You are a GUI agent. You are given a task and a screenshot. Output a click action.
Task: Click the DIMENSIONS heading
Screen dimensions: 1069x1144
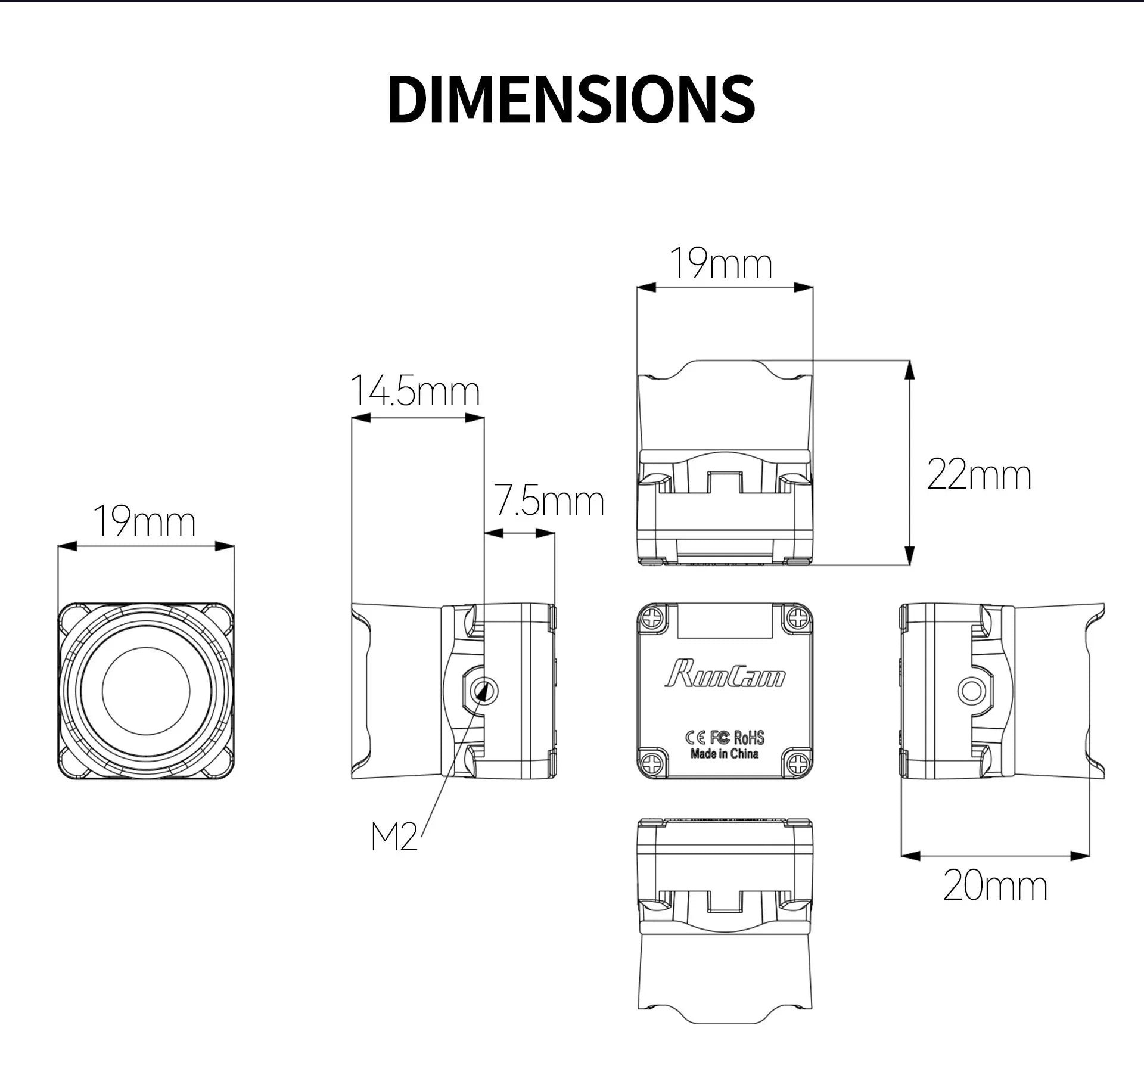coord(571,100)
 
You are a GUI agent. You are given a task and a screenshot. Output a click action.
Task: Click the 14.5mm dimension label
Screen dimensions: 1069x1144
coord(415,391)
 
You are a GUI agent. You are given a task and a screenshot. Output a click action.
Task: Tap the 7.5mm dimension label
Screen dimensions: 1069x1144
coord(549,501)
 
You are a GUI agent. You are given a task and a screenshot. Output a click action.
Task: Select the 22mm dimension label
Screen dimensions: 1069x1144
coord(979,476)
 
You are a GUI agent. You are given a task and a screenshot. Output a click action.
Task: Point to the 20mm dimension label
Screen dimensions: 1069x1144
coord(995,886)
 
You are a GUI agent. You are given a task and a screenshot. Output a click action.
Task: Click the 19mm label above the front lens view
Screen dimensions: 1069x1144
coord(145,522)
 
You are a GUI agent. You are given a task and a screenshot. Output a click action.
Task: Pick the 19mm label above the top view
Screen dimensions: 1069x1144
coord(721,263)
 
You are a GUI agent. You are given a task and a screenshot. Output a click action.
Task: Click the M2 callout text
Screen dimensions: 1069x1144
coord(394,837)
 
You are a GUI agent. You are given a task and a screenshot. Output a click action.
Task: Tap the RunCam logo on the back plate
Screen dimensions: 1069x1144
coord(725,674)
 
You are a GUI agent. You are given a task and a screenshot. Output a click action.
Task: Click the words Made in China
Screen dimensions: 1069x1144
coord(725,754)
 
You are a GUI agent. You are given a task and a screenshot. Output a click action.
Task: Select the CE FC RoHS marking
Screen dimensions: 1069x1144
coord(725,738)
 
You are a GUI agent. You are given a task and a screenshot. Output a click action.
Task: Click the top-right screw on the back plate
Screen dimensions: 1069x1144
coord(797,619)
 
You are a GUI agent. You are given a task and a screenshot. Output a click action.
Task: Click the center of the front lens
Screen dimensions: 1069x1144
coord(146,691)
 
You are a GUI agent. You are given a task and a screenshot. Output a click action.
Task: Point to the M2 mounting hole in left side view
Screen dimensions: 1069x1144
coord(484,691)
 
